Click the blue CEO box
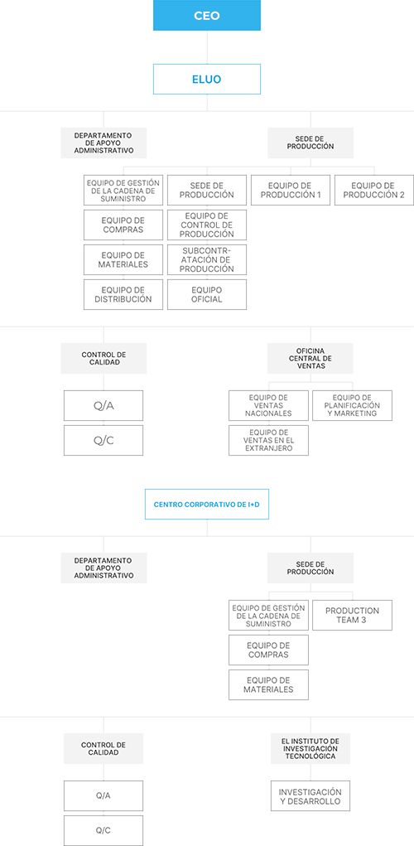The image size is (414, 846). (x=207, y=15)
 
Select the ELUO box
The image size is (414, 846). (x=207, y=80)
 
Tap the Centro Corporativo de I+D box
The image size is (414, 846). (x=207, y=505)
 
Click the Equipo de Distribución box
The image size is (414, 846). (x=123, y=295)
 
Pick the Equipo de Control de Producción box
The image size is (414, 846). (x=207, y=225)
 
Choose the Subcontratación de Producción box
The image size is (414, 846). (x=207, y=259)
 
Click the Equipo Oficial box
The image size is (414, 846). (x=207, y=295)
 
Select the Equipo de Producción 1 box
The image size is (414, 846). (x=291, y=190)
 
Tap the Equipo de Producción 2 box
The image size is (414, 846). (x=374, y=190)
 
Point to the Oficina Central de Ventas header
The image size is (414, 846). (x=310, y=358)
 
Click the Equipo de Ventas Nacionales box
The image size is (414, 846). (x=268, y=406)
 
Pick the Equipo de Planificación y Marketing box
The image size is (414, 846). (x=353, y=406)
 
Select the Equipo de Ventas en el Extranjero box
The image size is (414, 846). (x=268, y=440)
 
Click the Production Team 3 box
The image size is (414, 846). (x=353, y=615)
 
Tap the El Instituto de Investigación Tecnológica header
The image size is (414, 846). (x=310, y=748)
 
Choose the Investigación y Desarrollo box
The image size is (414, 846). (x=310, y=795)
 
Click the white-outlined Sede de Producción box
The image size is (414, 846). (x=207, y=190)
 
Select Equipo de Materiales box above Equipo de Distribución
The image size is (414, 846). (x=123, y=259)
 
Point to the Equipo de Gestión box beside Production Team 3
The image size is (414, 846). (x=268, y=615)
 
